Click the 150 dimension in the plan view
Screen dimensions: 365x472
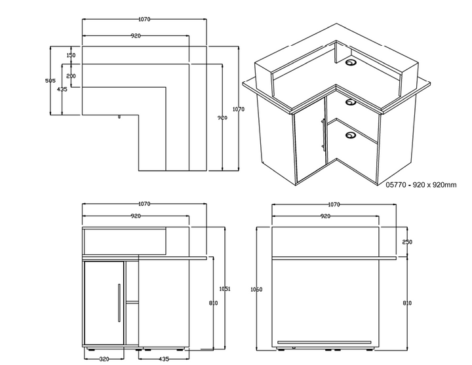[71, 55]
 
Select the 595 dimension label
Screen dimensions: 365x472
[49, 81]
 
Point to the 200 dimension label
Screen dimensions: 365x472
[71, 77]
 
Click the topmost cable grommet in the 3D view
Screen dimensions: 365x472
[351, 63]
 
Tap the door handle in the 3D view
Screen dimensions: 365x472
[324, 135]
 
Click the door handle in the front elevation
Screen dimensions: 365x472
[119, 303]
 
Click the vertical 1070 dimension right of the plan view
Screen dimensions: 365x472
[241, 109]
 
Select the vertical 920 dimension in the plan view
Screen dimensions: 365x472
[223, 117]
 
